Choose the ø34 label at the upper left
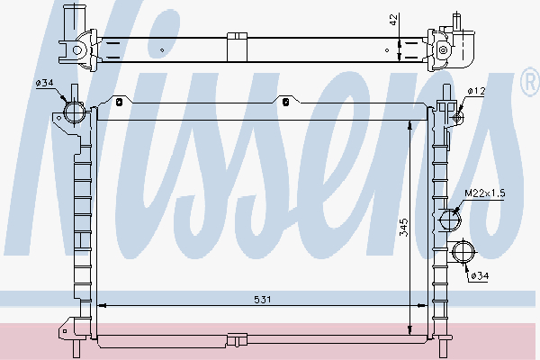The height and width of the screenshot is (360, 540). click(x=45, y=85)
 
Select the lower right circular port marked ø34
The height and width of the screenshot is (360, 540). click(x=464, y=253)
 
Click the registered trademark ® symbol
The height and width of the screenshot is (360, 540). click(x=529, y=85)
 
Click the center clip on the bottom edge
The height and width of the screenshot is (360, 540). click(x=238, y=339)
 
